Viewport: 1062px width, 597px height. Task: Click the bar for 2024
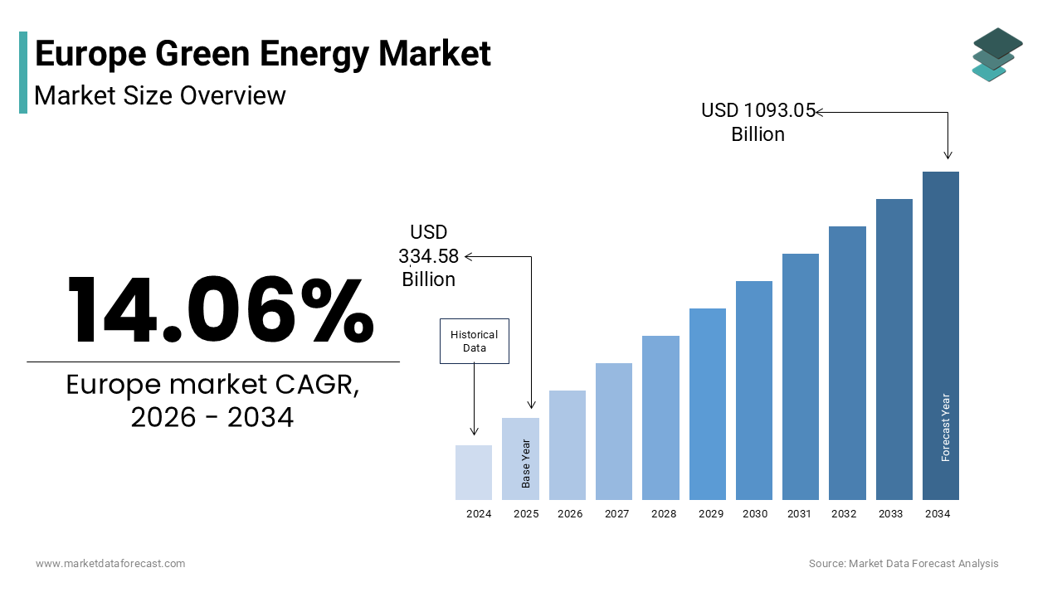click(474, 473)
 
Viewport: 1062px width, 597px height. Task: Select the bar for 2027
click(614, 431)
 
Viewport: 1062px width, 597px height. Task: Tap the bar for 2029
click(708, 404)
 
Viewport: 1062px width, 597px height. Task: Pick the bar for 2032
click(847, 362)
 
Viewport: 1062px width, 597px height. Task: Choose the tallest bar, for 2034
click(941, 335)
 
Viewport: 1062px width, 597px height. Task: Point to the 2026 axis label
click(570, 514)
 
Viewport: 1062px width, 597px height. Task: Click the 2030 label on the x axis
click(755, 514)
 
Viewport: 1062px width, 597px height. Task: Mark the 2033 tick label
click(891, 514)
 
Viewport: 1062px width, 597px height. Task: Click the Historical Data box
click(474, 341)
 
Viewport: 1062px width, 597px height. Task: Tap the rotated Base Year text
click(526, 463)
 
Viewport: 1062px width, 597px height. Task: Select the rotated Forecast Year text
click(946, 427)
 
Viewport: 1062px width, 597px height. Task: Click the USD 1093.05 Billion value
click(758, 122)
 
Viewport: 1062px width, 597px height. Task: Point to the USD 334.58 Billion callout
click(429, 255)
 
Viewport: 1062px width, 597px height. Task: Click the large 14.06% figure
click(220, 310)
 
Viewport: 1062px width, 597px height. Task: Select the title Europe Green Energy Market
click(263, 54)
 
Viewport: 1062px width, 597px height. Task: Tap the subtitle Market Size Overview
click(160, 95)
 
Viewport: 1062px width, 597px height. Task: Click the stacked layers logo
click(997, 55)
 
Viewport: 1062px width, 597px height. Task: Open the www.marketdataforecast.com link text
click(110, 564)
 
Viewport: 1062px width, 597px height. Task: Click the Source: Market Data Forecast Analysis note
click(904, 564)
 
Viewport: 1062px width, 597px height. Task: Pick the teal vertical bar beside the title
click(23, 72)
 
